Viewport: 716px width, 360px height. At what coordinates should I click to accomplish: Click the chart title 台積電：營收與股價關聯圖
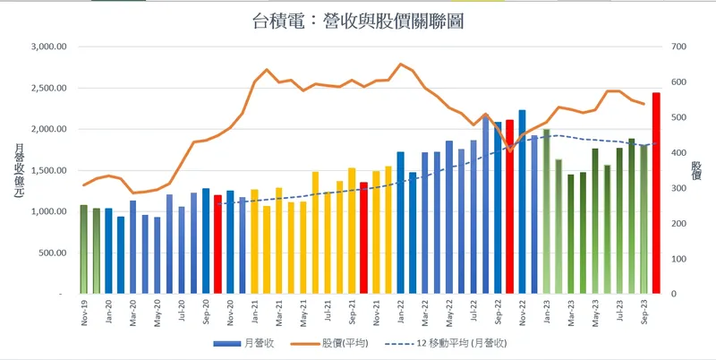357,20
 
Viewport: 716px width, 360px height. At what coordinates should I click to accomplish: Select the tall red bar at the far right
656,193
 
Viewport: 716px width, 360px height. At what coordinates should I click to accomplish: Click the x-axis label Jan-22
400,312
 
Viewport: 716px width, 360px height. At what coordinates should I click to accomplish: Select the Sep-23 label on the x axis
644,312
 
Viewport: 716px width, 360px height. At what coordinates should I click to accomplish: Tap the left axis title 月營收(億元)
18,171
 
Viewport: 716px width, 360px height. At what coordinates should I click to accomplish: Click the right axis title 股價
696,171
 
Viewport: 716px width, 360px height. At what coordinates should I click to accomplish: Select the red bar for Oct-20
217,244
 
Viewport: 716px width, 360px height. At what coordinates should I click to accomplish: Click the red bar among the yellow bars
364,237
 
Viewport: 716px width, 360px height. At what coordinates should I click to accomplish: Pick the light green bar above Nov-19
84,249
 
